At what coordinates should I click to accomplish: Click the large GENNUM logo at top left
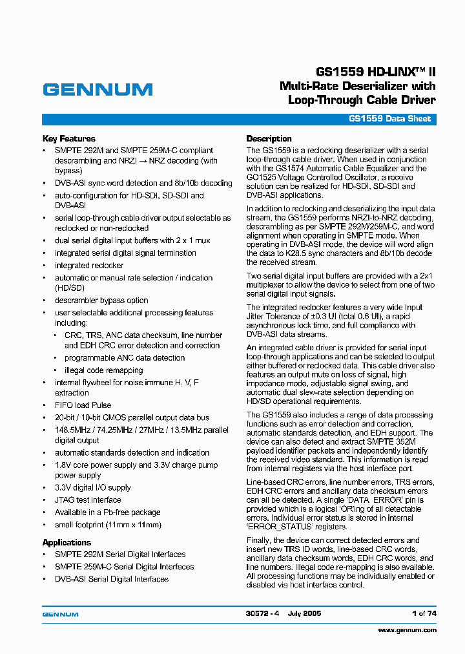pyautogui.click(x=98, y=90)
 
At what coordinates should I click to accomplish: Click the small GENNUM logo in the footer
pyautogui.click(x=60, y=614)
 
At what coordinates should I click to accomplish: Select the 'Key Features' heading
pyautogui.click(x=68, y=138)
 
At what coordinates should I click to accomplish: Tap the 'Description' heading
pyautogui.click(x=269, y=138)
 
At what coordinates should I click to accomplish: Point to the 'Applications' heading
pyautogui.click(x=67, y=542)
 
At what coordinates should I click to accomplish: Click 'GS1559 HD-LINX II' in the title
pyautogui.click(x=375, y=72)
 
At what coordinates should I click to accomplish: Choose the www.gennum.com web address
pyautogui.click(x=407, y=629)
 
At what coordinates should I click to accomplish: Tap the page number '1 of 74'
pyautogui.click(x=423, y=613)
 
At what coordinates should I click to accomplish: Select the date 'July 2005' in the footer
pyautogui.click(x=305, y=613)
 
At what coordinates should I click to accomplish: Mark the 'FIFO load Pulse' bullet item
pyautogui.click(x=83, y=405)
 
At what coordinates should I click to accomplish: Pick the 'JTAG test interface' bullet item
pyautogui.click(x=88, y=500)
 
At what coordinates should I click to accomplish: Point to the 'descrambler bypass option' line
pyautogui.click(x=101, y=301)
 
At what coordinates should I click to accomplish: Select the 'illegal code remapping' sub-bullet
pyautogui.click(x=103, y=370)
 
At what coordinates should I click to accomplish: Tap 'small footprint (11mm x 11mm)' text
pyautogui.click(x=108, y=525)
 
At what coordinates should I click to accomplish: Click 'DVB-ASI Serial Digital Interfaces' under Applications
pyautogui.click(x=112, y=579)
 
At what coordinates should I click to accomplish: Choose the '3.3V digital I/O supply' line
pyautogui.click(x=92, y=487)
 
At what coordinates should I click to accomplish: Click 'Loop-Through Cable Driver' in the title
pyautogui.click(x=362, y=100)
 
